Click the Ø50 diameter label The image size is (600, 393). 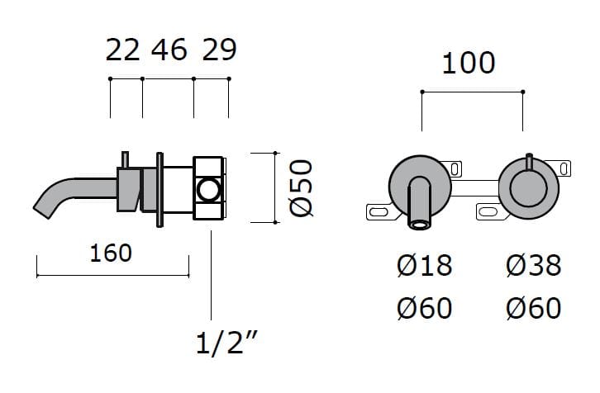[301, 187]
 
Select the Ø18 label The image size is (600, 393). [424, 266]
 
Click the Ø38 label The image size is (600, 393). [532, 266]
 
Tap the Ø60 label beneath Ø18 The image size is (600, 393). [424, 308]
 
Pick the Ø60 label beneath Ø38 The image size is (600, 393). [532, 308]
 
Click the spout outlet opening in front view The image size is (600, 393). [421, 222]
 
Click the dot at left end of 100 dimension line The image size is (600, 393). [421, 91]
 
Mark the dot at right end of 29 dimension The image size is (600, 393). [229, 78]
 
